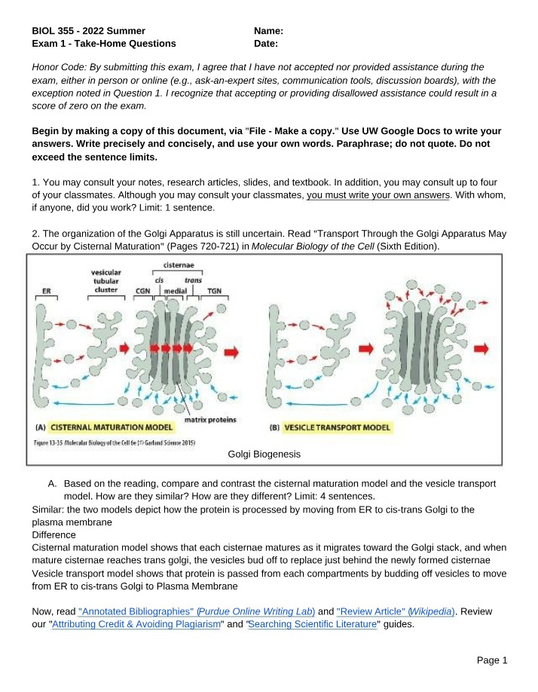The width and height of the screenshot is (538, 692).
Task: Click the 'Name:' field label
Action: point(268,31)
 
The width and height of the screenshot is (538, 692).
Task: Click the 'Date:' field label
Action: point(266,44)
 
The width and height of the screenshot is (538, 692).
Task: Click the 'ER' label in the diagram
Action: point(46,291)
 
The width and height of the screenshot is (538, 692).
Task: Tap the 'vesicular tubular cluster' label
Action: point(106,281)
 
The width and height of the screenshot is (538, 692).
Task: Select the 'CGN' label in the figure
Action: point(143,291)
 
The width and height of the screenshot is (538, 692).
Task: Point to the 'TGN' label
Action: point(214,291)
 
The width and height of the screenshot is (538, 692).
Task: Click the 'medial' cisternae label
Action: point(176,291)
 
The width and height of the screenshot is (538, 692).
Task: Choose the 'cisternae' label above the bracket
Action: point(179,265)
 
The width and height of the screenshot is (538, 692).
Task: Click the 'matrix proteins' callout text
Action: point(210,420)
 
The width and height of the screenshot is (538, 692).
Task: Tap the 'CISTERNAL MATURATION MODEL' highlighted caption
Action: point(111,427)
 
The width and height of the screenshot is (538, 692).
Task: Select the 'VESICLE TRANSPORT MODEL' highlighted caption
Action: point(337,427)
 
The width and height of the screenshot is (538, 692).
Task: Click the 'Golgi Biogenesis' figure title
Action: point(264,454)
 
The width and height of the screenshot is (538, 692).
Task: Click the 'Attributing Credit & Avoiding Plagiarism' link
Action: point(136,624)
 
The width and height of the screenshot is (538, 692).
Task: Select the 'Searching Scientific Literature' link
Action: point(313,624)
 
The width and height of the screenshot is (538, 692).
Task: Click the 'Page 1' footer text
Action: point(492,660)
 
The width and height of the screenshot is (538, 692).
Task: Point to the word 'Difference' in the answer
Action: point(53,535)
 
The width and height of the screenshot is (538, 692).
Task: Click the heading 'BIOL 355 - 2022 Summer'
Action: point(89,31)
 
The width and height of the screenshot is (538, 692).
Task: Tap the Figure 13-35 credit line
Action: point(115,442)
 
